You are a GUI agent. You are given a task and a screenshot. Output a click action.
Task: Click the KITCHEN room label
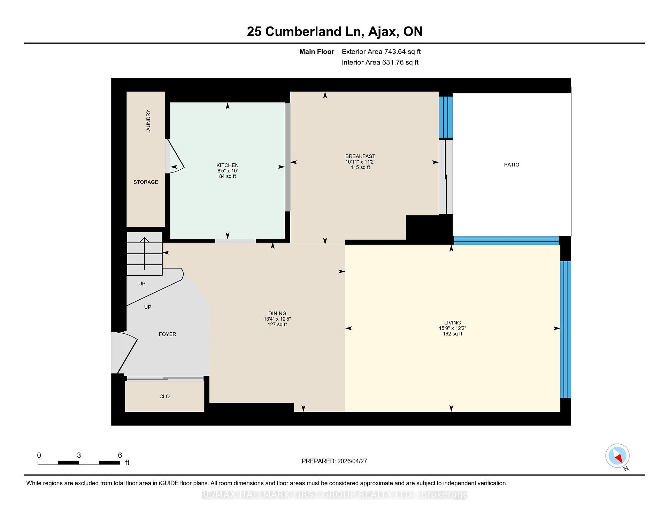pyautogui.click(x=228, y=165)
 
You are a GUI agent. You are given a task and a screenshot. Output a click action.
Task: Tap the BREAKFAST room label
pyautogui.click(x=360, y=156)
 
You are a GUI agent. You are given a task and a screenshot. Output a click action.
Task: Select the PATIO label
pyautogui.click(x=512, y=164)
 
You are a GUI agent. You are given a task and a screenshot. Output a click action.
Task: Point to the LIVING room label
pyautogui.click(x=453, y=323)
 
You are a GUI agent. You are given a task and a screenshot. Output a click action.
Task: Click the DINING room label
pyautogui.click(x=277, y=314)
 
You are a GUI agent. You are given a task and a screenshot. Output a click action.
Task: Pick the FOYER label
pyautogui.click(x=167, y=334)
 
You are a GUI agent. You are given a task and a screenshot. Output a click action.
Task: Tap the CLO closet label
pyautogui.click(x=164, y=396)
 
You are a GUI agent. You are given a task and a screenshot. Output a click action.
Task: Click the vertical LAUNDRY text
pyautogui.click(x=148, y=122)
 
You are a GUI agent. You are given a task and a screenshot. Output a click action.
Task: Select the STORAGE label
pyautogui.click(x=146, y=182)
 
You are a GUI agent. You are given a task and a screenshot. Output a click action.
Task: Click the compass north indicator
pyautogui.click(x=618, y=456)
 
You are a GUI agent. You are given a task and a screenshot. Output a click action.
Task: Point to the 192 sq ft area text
pyautogui.click(x=453, y=334)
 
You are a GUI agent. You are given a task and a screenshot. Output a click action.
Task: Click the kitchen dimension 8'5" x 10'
pyautogui.click(x=228, y=171)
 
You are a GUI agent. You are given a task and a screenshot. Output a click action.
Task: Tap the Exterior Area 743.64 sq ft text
pyautogui.click(x=381, y=52)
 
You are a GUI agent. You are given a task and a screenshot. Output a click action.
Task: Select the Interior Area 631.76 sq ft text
pyautogui.click(x=380, y=62)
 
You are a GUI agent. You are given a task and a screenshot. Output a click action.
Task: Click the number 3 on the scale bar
pyautogui.click(x=79, y=455)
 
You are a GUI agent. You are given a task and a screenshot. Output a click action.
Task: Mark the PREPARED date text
pyautogui.click(x=334, y=461)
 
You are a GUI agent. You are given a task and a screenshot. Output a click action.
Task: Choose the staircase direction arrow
pyautogui.click(x=145, y=254)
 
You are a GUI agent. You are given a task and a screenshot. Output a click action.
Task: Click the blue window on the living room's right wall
pyautogui.click(x=566, y=329)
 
